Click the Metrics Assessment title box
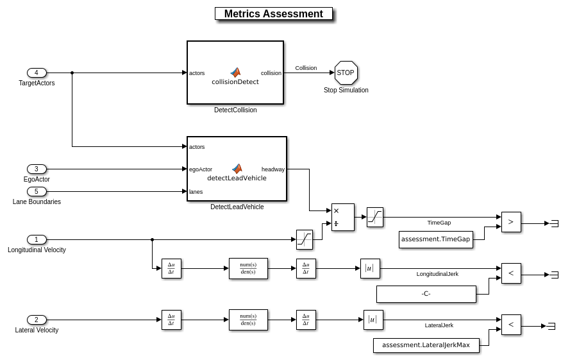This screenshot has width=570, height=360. [x=274, y=13]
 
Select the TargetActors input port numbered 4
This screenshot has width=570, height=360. [x=37, y=73]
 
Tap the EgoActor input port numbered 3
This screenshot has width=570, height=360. [x=37, y=169]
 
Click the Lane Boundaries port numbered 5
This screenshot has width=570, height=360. [x=37, y=191]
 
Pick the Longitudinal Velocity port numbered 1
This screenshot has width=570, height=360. [x=37, y=239]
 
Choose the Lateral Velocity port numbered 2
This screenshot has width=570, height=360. [x=37, y=320]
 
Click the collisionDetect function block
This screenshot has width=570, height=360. [x=235, y=73]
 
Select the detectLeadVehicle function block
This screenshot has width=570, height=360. [x=237, y=169]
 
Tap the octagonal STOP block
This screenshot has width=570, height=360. [x=346, y=73]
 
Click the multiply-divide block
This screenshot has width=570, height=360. [x=342, y=217]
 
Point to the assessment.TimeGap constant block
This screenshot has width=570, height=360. [x=436, y=239]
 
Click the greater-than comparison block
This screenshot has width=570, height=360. [x=511, y=222]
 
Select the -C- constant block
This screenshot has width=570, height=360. [x=426, y=294]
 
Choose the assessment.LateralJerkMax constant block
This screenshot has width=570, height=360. [x=426, y=345]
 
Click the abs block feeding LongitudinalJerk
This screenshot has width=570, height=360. [x=370, y=268]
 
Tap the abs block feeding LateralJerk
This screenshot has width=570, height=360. [x=373, y=320]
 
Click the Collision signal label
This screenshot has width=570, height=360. [x=306, y=67]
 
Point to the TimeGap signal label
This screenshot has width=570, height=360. [x=439, y=223]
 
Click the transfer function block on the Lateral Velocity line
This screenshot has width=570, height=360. [x=248, y=320]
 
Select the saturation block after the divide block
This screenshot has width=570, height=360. [x=375, y=217]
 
